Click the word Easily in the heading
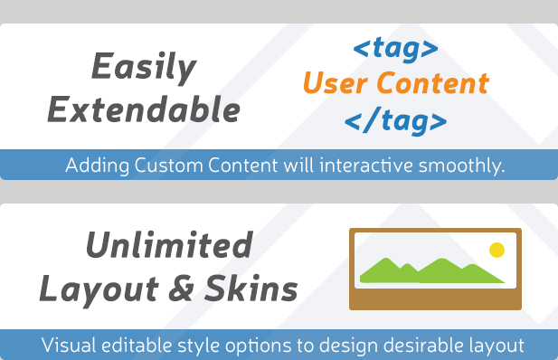tap(144, 68)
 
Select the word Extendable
tap(144, 110)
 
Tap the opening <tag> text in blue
tap(395, 48)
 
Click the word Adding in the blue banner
tap(93, 166)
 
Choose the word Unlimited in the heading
tap(169, 245)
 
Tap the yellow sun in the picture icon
tap(496, 250)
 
